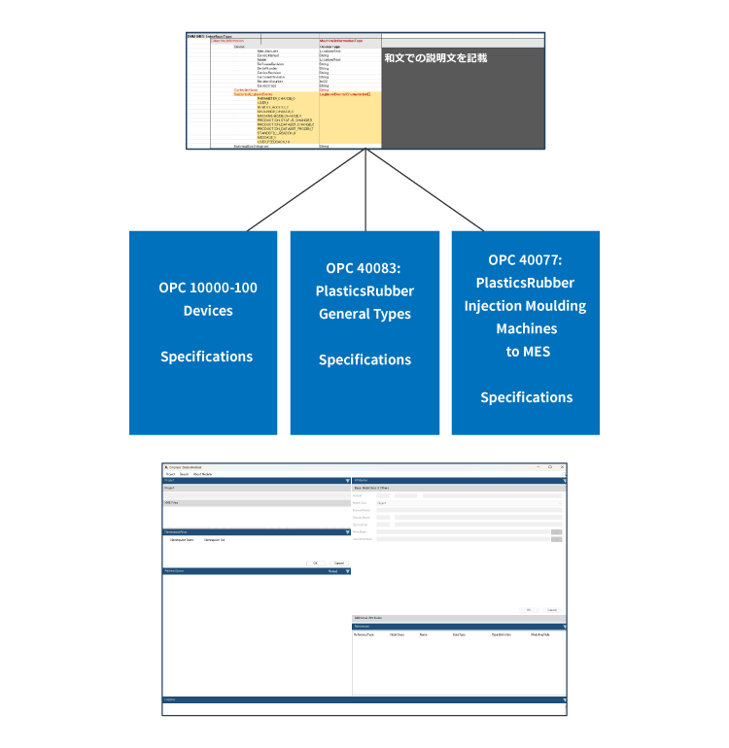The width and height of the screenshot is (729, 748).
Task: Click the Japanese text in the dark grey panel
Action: (x=434, y=58)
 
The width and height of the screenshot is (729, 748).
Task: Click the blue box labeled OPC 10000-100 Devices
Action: (x=203, y=332)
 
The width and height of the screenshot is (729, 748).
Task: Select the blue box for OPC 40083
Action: (x=364, y=332)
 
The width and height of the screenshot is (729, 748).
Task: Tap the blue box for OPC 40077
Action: (x=526, y=332)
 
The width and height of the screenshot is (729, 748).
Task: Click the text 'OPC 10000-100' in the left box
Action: (x=208, y=288)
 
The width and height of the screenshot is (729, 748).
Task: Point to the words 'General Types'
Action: (x=364, y=314)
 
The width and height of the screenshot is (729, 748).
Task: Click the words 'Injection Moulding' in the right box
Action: (x=525, y=306)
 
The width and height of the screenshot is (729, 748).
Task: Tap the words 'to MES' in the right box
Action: (x=526, y=352)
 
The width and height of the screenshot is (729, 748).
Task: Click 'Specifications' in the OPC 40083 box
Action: (x=364, y=359)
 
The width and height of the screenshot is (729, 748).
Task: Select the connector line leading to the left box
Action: (x=306, y=190)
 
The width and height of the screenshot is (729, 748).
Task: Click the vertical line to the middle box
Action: (x=365, y=190)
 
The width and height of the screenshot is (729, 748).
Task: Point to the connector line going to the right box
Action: (x=425, y=190)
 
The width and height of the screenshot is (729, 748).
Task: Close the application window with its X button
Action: (x=562, y=467)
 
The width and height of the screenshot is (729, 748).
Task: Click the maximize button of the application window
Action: (x=550, y=467)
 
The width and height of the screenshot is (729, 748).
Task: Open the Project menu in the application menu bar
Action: (x=169, y=474)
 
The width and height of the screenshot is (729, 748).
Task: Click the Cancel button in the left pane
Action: (x=338, y=562)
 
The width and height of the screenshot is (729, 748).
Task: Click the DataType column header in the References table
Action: (x=459, y=633)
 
